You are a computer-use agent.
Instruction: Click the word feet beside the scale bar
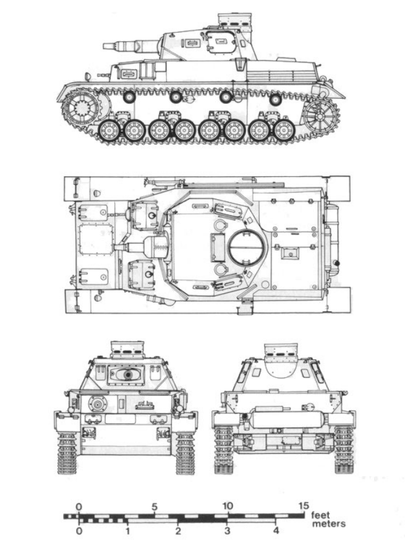pos(320,515)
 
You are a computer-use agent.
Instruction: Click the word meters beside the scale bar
pos(328,524)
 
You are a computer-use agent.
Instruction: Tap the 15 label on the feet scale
pos(304,506)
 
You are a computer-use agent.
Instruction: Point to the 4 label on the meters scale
pos(276,530)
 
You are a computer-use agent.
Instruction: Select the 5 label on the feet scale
pos(155,507)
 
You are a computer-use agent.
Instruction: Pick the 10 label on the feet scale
pos(228,506)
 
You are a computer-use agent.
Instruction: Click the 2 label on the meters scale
pos(177,530)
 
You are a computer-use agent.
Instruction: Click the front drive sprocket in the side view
pos(82,108)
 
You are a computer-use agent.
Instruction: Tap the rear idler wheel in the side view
pos(321,116)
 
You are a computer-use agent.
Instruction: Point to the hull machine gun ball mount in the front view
pos(98,403)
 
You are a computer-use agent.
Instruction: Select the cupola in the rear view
pos(280,353)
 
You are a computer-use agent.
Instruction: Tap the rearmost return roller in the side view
pos(276,100)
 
